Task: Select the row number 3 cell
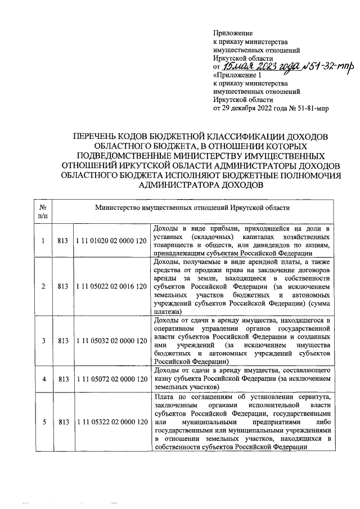click(43, 341)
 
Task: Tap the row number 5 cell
click(43, 422)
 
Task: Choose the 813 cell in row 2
click(63, 286)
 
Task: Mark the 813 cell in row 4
click(63, 380)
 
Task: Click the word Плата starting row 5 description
click(164, 398)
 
